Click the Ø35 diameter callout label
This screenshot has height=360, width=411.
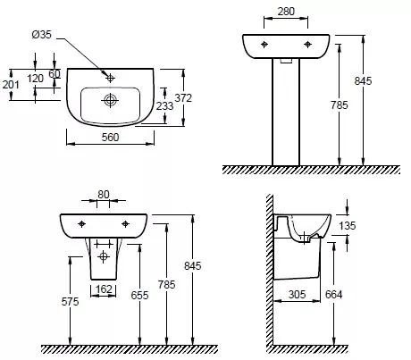coord(41,35)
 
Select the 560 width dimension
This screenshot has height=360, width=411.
coord(110,138)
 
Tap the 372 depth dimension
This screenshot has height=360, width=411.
coord(183,97)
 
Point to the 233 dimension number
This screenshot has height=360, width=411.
coord(164,105)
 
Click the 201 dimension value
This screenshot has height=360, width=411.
coord(11,85)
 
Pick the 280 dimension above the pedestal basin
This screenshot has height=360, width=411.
coord(286,12)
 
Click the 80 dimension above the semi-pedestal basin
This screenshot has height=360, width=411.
coord(104,195)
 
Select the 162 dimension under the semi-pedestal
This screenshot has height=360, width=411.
coord(104,289)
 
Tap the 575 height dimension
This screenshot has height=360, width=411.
coord(70,302)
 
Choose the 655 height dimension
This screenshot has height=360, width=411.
coord(139,295)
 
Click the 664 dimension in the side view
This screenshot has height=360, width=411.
coord(333,295)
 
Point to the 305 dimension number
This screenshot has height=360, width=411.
coord(297,295)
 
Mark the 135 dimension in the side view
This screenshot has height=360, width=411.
coord(348,226)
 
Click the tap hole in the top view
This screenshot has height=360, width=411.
coord(111,78)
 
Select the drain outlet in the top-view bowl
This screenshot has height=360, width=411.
coord(110,100)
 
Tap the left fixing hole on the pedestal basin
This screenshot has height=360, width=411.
coord(264,45)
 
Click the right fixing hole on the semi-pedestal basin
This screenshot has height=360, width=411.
coord(125,224)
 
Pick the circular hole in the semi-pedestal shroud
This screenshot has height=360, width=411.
coord(104,256)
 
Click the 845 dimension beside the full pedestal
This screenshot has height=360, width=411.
coord(363,81)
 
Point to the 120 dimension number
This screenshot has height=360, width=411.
coord(36,79)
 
